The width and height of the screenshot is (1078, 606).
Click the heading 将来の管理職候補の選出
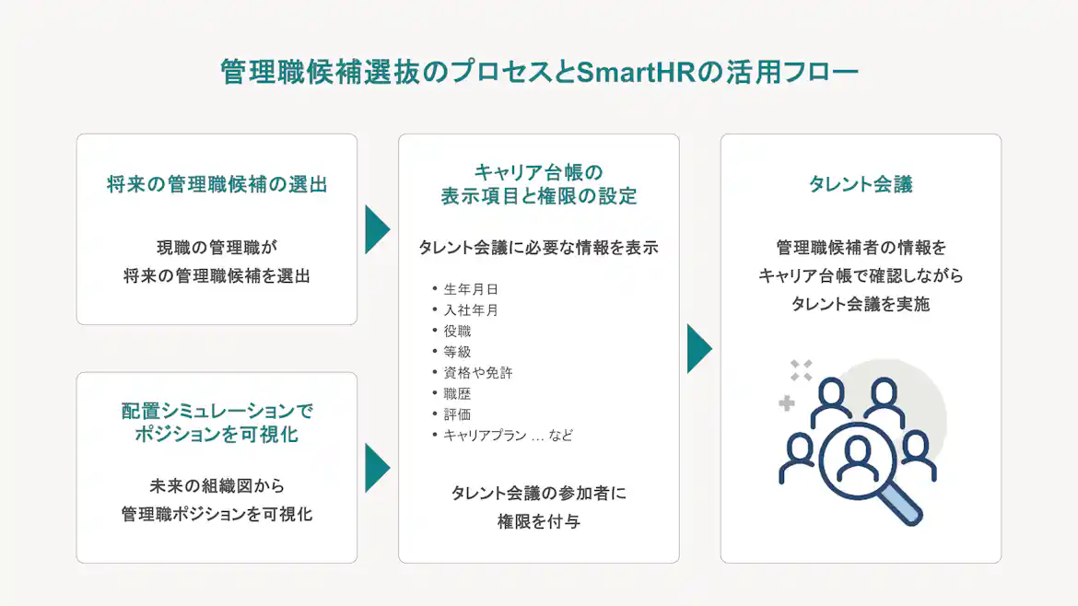pos(217,184)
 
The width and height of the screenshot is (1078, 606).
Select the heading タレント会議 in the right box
pos(861,184)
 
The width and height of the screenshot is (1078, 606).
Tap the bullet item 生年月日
pos(471,289)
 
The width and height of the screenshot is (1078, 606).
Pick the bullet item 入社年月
pos(471,310)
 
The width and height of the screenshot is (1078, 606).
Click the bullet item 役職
pos(457,331)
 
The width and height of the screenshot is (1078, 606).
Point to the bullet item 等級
pos(457,352)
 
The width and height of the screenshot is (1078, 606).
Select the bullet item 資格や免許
pos(478,373)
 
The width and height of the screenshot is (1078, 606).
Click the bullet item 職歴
pos(457,393)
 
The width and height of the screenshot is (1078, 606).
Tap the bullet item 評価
pos(457,414)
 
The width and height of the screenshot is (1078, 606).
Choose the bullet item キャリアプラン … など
pos(508,436)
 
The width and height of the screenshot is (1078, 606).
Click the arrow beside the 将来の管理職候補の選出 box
pos(376,229)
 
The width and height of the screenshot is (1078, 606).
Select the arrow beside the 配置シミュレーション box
pos(376,468)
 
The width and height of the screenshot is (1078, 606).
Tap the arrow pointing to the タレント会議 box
pos(698,348)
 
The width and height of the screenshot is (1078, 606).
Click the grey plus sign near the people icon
pos(786,402)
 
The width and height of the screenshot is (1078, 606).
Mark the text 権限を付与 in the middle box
pos(538,522)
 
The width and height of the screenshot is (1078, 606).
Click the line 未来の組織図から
pos(217,485)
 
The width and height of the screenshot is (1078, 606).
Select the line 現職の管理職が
pos(217,247)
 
